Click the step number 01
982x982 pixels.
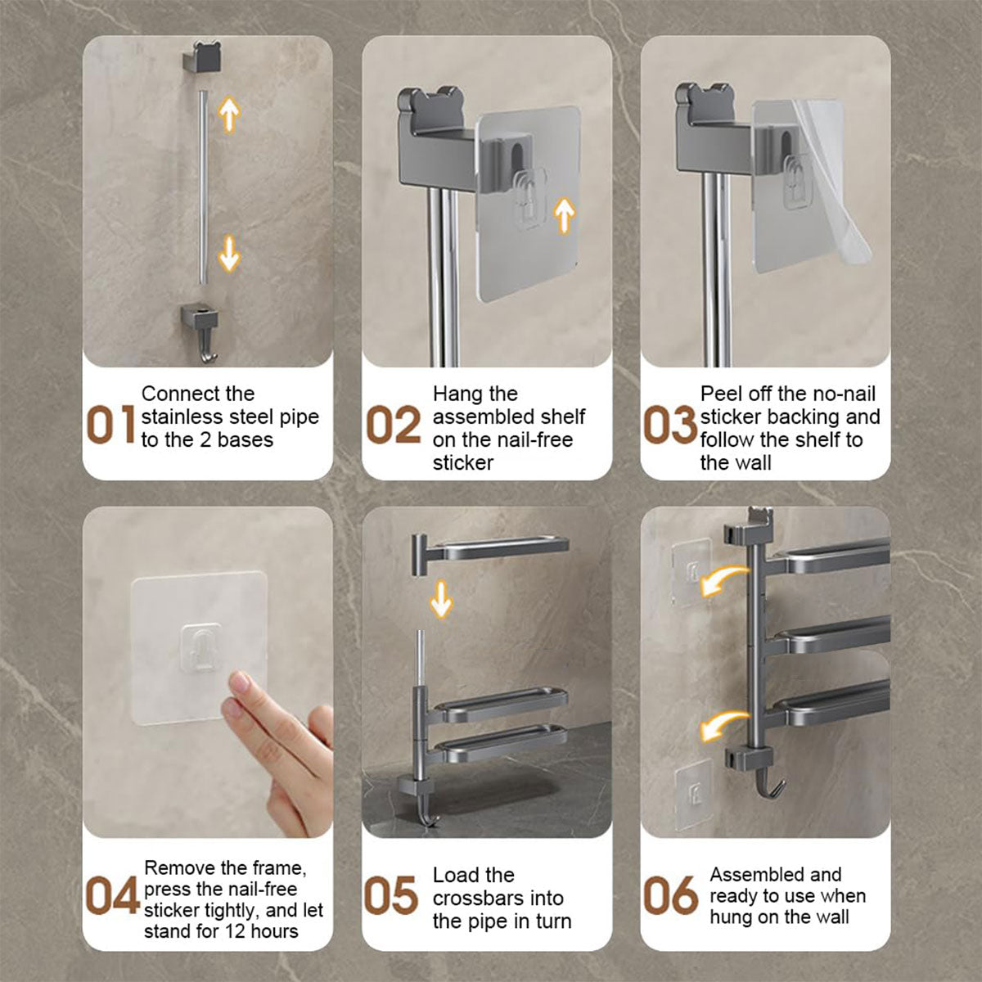(111, 424)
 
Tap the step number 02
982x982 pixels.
(394, 424)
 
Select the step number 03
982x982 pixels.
(669, 424)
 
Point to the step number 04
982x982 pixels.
(113, 896)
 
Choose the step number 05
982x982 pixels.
(391, 896)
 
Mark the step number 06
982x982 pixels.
(670, 896)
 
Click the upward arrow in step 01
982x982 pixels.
(230, 115)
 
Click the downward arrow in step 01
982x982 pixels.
(229, 253)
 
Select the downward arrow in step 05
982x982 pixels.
(441, 601)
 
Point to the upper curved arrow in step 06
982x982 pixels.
(723, 581)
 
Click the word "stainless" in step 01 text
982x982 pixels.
(181, 417)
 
